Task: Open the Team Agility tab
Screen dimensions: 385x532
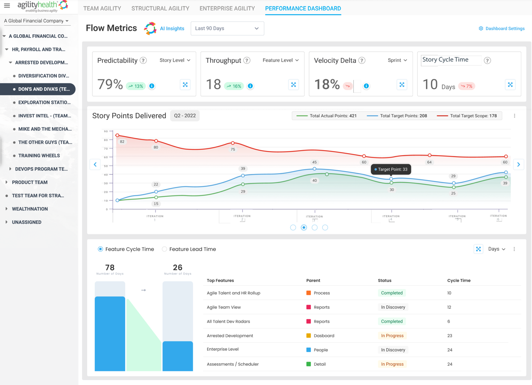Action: pyautogui.click(x=102, y=9)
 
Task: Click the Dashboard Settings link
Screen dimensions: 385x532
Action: pyautogui.click(x=502, y=29)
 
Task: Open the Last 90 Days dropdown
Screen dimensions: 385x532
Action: pyautogui.click(x=227, y=29)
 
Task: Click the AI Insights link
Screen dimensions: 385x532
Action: pyautogui.click(x=172, y=29)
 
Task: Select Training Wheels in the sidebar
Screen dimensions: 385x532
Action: pyautogui.click(x=39, y=156)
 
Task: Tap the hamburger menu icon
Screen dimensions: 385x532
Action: pyautogui.click(x=7, y=6)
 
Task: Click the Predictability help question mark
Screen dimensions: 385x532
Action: pyautogui.click(x=143, y=61)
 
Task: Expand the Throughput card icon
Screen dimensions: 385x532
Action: pyautogui.click(x=293, y=85)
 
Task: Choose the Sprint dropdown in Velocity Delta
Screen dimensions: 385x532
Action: pyautogui.click(x=397, y=60)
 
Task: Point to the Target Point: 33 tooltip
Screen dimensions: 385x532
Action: pyautogui.click(x=391, y=169)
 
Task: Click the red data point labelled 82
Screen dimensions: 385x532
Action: pyautogui.click(x=117, y=136)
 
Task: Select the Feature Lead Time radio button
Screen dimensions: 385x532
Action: pyautogui.click(x=164, y=249)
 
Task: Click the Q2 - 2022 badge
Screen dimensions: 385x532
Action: pyautogui.click(x=185, y=116)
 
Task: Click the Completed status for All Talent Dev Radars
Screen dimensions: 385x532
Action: pyautogui.click(x=392, y=321)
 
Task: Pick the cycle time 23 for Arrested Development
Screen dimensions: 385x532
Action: pyautogui.click(x=450, y=336)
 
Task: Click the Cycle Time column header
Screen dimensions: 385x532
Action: pyautogui.click(x=459, y=281)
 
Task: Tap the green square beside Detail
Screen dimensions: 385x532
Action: pyautogui.click(x=308, y=364)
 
